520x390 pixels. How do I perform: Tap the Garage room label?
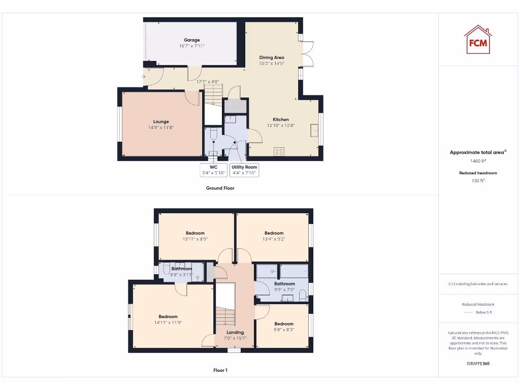click(x=191, y=40)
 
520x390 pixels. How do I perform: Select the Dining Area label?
click(x=272, y=57)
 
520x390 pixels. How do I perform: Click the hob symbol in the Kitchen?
click(x=279, y=151)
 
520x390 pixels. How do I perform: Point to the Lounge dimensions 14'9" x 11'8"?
click(x=161, y=127)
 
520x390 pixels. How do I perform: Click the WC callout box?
click(x=213, y=170)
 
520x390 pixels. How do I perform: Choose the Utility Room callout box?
click(x=244, y=170)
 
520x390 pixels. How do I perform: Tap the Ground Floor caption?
click(x=220, y=188)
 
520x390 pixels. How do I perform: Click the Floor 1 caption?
click(x=220, y=370)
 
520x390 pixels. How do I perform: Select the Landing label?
click(x=235, y=333)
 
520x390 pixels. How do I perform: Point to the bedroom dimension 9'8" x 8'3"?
click(x=284, y=330)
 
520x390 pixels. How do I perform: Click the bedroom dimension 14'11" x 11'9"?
click(x=168, y=322)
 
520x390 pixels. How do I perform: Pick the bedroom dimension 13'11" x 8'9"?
click(x=195, y=239)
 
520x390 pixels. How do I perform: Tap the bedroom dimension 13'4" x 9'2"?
click(x=274, y=239)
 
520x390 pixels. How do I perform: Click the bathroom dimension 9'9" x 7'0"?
click(x=284, y=289)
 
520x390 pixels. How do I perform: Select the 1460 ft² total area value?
click(x=477, y=161)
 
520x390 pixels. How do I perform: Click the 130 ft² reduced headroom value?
click(x=478, y=180)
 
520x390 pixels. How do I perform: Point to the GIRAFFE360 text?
click(x=477, y=364)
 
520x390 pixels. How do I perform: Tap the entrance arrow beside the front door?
click(x=144, y=77)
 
